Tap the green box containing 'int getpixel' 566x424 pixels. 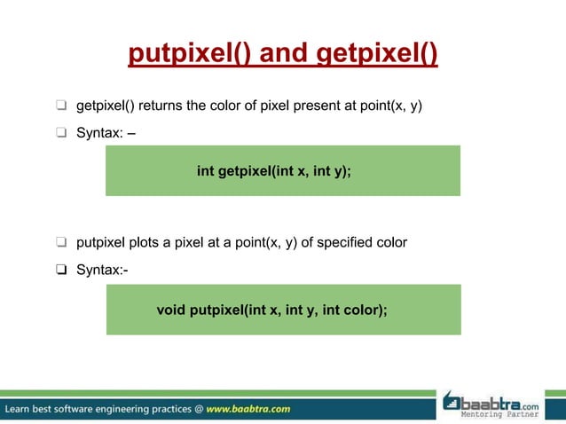(283, 170)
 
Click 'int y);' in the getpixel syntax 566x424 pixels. (330, 171)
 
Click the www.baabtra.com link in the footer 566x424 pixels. (248, 409)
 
